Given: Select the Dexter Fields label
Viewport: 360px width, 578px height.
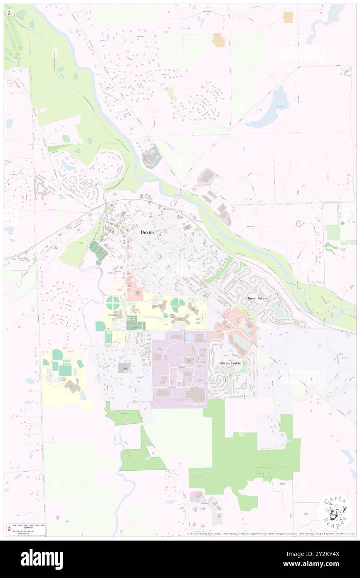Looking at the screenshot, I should pyautogui.click(x=230, y=363).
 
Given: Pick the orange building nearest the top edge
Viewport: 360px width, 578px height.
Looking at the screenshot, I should pyautogui.click(x=288, y=17).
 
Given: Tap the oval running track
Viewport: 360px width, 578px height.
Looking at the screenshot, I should pyautogui.click(x=108, y=338).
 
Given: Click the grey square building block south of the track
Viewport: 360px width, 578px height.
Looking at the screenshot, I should pyautogui.click(x=124, y=368).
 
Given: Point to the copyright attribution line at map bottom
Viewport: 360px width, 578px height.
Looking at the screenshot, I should pyautogui.click(x=270, y=534).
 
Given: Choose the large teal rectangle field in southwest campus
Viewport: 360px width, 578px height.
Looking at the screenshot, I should pyautogui.click(x=65, y=370).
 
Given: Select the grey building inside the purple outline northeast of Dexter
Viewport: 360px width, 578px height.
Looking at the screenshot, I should pyautogui.click(x=206, y=178).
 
